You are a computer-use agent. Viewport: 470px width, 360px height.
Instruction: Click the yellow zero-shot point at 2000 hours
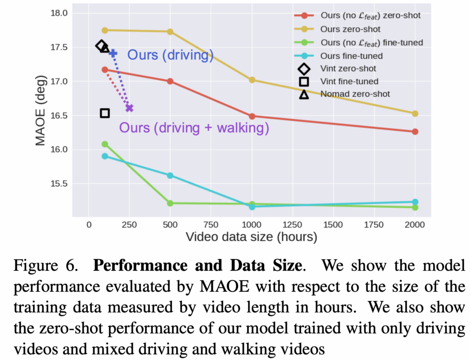[x=415, y=113]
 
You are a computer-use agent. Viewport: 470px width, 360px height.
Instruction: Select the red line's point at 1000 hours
[x=252, y=116]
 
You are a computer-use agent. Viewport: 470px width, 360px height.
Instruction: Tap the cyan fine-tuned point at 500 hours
[x=170, y=175]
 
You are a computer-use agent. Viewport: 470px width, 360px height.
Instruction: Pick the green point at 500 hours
[x=170, y=203]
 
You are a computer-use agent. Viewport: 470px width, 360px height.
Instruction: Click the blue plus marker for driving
[x=113, y=54]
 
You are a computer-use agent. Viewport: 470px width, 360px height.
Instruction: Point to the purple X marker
[x=129, y=108]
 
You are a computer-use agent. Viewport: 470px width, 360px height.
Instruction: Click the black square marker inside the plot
[x=105, y=113]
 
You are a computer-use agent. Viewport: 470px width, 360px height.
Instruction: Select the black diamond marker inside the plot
[x=101, y=45]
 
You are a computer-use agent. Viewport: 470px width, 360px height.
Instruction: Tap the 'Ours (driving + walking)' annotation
[x=194, y=127]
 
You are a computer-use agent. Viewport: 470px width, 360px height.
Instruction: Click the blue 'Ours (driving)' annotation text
[x=170, y=55]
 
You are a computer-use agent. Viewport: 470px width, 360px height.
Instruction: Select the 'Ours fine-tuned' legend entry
[x=352, y=55]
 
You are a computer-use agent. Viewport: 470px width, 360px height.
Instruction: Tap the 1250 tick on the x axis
[x=292, y=225]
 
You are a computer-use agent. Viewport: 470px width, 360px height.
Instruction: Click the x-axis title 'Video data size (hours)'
[x=251, y=237]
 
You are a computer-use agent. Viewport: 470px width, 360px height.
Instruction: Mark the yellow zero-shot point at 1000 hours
[x=252, y=80]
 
